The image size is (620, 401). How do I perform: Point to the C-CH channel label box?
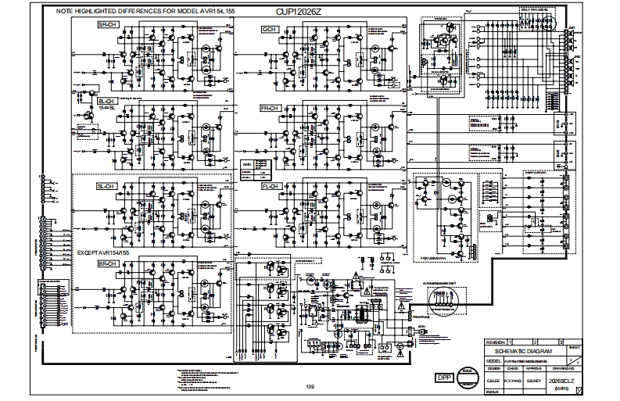[271, 29]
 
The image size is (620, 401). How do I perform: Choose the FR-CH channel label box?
[271, 106]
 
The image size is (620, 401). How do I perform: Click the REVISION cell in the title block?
[496, 342]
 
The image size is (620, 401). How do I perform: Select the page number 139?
[310, 386]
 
